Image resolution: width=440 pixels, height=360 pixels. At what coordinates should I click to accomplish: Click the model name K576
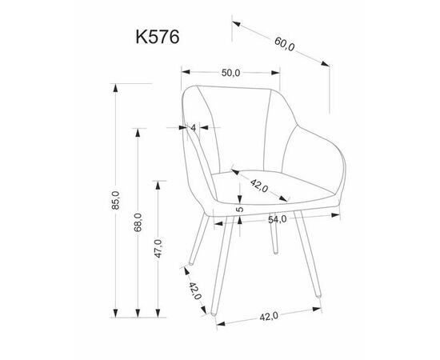click(158, 37)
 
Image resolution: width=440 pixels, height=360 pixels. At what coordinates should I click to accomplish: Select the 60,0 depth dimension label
click(285, 44)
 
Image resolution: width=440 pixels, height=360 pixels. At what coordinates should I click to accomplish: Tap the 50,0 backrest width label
click(230, 73)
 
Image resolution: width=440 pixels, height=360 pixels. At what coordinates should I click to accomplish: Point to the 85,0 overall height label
click(115, 200)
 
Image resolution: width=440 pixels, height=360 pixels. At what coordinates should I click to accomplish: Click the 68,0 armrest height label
click(138, 222)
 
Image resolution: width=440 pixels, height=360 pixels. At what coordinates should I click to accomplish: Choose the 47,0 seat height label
click(158, 249)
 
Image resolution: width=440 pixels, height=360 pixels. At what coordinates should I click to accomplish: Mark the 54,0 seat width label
click(278, 219)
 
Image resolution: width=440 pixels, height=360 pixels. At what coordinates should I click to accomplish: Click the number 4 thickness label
click(194, 128)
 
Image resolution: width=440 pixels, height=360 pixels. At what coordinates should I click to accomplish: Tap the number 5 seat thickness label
click(240, 210)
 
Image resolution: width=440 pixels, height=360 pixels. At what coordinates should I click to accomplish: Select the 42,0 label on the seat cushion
click(259, 186)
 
